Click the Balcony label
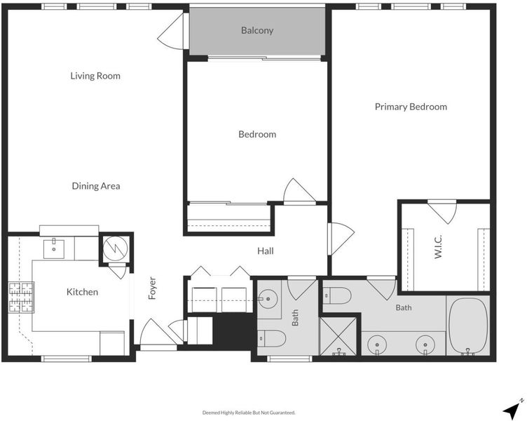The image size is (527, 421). [x=257, y=31]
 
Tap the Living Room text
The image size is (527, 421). [x=95, y=76]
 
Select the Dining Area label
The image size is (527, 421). [x=96, y=186]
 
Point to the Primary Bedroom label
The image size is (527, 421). [x=411, y=107]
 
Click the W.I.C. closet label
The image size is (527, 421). [x=438, y=247]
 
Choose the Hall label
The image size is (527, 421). [x=266, y=250]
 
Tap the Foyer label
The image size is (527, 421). [x=152, y=288]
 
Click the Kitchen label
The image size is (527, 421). [x=83, y=292]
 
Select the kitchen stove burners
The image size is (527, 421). [x=21, y=298]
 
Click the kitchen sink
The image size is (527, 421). [x=54, y=248]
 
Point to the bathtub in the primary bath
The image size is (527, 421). [x=468, y=326]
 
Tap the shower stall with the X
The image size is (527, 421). [x=338, y=336]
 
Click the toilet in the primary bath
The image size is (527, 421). [x=337, y=295]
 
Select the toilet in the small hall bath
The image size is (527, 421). [x=272, y=338]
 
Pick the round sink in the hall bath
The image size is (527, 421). [x=268, y=298]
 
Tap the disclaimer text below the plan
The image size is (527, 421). [x=249, y=413]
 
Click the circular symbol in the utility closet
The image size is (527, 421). [x=116, y=248]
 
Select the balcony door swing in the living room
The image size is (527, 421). [x=172, y=32]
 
